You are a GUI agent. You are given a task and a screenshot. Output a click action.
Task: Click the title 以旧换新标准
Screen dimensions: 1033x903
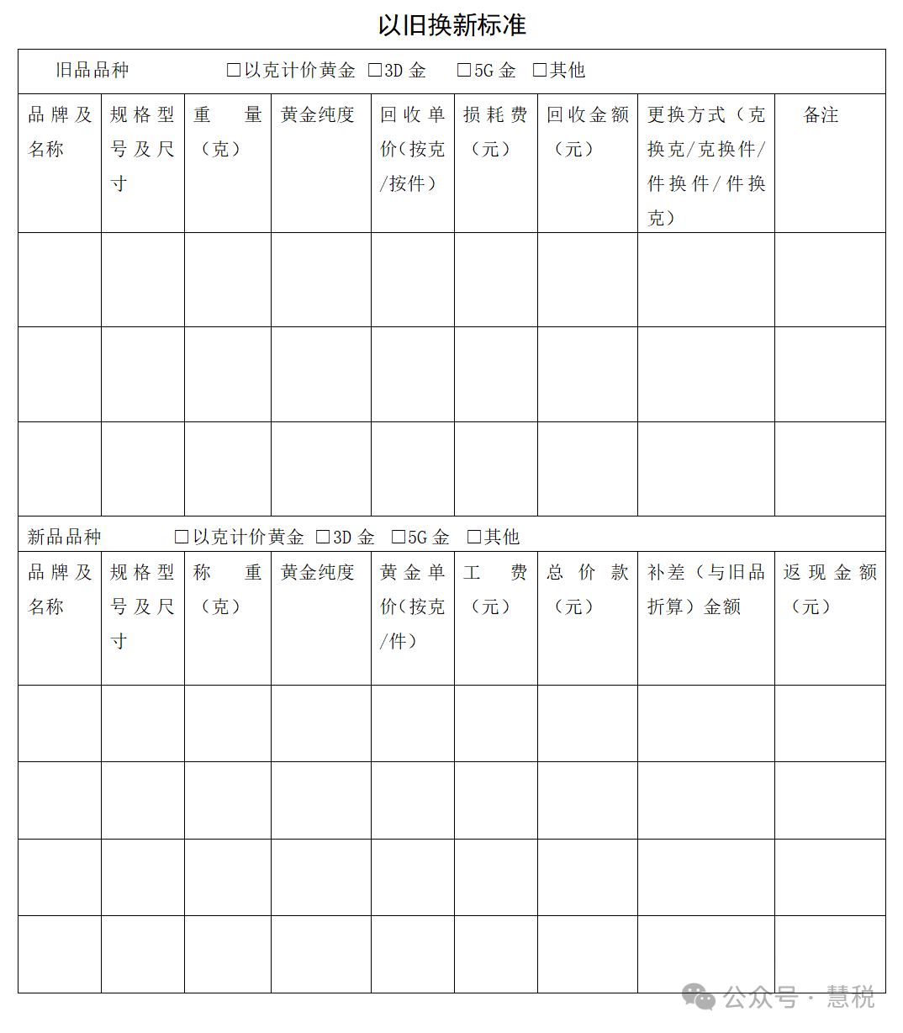click(x=451, y=25)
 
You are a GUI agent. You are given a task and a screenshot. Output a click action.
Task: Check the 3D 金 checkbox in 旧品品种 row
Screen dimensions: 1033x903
click(x=375, y=71)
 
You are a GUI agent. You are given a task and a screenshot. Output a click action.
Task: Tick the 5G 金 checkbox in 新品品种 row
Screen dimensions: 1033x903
click(x=399, y=537)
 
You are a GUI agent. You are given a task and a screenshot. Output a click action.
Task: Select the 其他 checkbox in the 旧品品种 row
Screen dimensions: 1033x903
click(x=540, y=71)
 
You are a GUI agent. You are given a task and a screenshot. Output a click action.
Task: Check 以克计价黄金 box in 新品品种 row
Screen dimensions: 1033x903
click(x=182, y=537)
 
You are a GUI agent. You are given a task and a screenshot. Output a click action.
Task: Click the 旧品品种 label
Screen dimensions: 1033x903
click(x=92, y=71)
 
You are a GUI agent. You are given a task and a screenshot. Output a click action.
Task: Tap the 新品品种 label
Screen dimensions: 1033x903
click(x=64, y=537)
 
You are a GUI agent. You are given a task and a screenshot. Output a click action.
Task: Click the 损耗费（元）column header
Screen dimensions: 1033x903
click(x=495, y=132)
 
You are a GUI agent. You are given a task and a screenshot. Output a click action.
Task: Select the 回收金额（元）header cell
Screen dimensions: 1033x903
click(x=587, y=132)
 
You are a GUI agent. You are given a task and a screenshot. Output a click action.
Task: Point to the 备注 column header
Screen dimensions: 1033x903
click(x=821, y=115)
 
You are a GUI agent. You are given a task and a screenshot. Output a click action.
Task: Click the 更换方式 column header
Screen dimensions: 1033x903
click(x=705, y=166)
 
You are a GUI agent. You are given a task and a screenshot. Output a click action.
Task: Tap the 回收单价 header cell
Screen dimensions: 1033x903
click(x=412, y=149)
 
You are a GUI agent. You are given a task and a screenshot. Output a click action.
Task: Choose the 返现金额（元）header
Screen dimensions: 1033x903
click(x=829, y=589)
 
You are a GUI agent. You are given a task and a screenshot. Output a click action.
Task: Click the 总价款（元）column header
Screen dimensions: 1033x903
click(x=587, y=589)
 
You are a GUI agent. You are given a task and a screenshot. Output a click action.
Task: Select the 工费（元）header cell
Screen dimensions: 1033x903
click(x=495, y=589)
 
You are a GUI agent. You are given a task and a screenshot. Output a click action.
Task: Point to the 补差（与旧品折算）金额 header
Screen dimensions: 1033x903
click(x=705, y=589)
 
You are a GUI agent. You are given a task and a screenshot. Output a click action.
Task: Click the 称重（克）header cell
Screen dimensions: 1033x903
click(x=227, y=589)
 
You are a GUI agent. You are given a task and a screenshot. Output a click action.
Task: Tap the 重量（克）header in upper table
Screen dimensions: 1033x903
click(x=227, y=132)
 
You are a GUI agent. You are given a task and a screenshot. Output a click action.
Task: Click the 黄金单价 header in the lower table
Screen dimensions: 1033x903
click(x=412, y=606)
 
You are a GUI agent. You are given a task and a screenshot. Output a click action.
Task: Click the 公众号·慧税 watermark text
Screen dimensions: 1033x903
click(x=798, y=998)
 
